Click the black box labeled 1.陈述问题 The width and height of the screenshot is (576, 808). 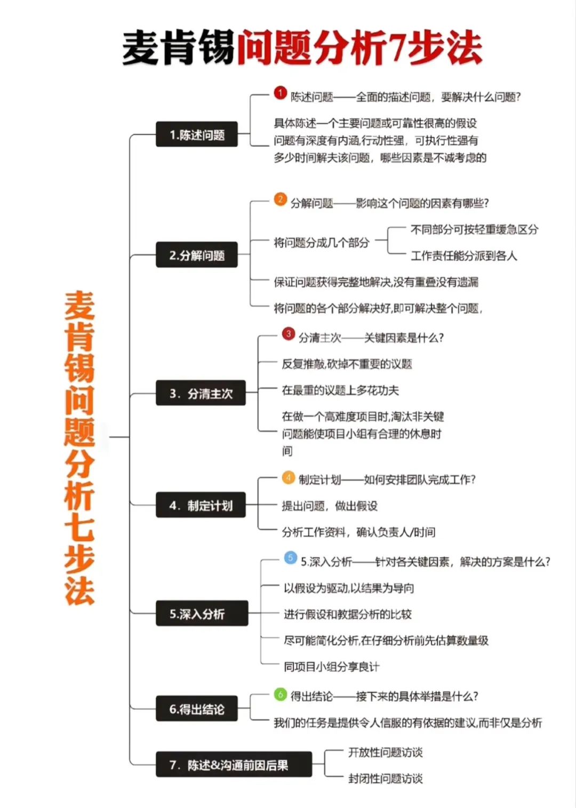pyautogui.click(x=196, y=134)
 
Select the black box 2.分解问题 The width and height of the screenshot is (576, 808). pyautogui.click(x=196, y=255)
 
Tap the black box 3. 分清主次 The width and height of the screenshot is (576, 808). pyautogui.click(x=201, y=393)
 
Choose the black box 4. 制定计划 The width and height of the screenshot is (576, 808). pyautogui.click(x=201, y=505)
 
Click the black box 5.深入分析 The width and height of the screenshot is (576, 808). pyautogui.click(x=202, y=613)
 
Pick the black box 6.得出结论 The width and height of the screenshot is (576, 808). pyautogui.click(x=196, y=709)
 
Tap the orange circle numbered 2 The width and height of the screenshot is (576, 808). pyautogui.click(x=281, y=199)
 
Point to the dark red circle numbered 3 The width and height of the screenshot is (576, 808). pyautogui.click(x=288, y=334)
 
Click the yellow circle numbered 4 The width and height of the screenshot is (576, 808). pyautogui.click(x=288, y=477)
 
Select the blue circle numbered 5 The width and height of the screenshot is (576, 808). pyautogui.click(x=290, y=558)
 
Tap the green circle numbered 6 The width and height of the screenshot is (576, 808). pyautogui.click(x=281, y=694)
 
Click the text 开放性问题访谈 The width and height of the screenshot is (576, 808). pyautogui.click(x=385, y=752)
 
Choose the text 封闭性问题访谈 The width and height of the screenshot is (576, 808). pyautogui.click(x=385, y=778)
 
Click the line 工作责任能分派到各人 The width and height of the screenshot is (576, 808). pyautogui.click(x=463, y=255)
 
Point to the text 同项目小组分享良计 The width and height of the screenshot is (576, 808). pyautogui.click(x=331, y=666)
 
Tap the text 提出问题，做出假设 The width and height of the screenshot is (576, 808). pyautogui.click(x=329, y=506)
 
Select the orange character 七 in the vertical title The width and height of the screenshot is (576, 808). pyautogui.click(x=79, y=526)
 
